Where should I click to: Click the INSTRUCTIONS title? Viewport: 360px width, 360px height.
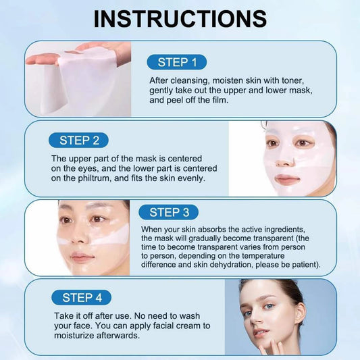tap(180, 18)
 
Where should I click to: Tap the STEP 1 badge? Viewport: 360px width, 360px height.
tap(177, 62)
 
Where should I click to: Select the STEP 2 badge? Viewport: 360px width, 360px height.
tap(79, 140)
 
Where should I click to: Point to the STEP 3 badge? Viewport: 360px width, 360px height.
tap(169, 213)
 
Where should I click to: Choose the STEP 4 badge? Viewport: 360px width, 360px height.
tap(82, 297)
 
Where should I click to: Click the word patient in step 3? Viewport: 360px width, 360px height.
tap(303, 264)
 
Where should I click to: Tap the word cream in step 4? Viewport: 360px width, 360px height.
tap(176, 326)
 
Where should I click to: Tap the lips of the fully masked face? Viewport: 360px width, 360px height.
tap(286, 179)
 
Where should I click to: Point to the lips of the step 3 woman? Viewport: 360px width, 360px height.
tap(82, 257)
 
